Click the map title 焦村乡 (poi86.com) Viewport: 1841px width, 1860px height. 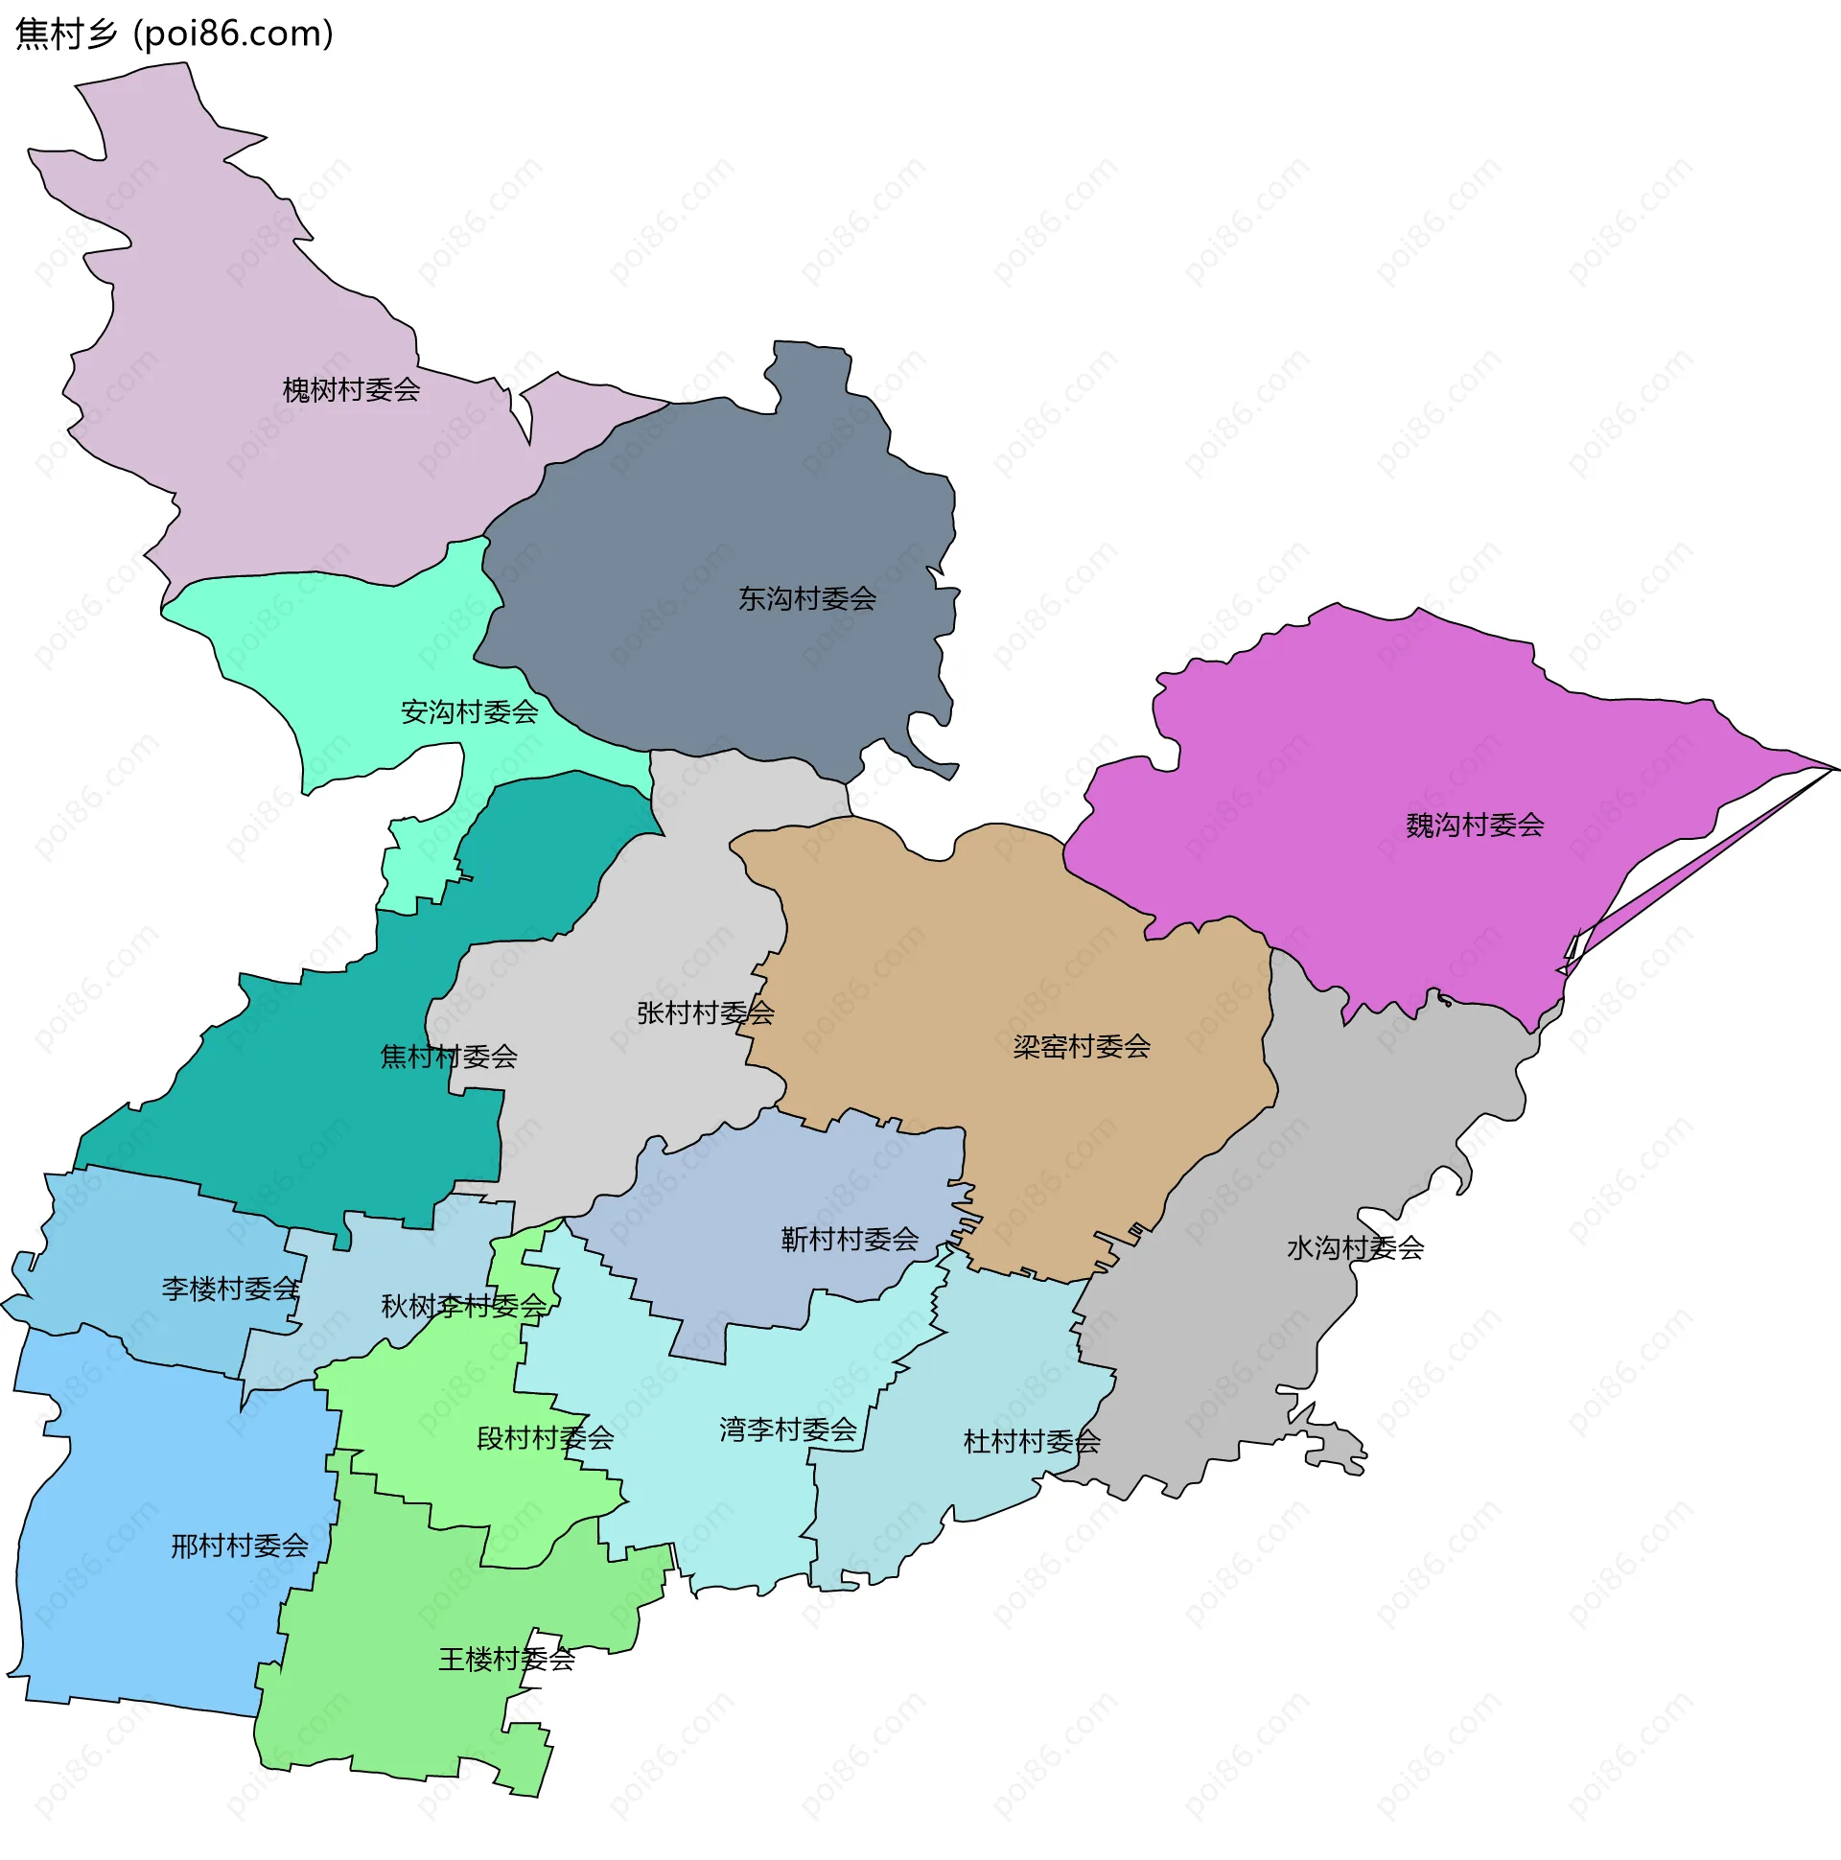(175, 35)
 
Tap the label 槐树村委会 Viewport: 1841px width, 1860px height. (351, 390)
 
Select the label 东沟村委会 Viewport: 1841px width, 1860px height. (807, 599)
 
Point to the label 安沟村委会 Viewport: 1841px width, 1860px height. (469, 712)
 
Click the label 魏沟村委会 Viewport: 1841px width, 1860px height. (1474, 825)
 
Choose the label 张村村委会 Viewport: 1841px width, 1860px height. (705, 1012)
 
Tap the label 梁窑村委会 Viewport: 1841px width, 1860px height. (1082, 1047)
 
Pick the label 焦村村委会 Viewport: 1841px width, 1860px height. (449, 1058)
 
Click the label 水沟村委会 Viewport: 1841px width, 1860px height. (1355, 1248)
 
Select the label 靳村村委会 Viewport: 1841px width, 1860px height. (850, 1239)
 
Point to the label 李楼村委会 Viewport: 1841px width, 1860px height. (230, 1290)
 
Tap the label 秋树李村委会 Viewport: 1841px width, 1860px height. (463, 1307)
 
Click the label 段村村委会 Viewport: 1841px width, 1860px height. (545, 1438)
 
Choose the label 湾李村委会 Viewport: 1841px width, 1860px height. (787, 1430)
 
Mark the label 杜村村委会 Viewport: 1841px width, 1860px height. (1031, 1442)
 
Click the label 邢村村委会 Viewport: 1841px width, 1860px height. (240, 1546)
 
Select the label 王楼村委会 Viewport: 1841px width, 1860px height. (506, 1659)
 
